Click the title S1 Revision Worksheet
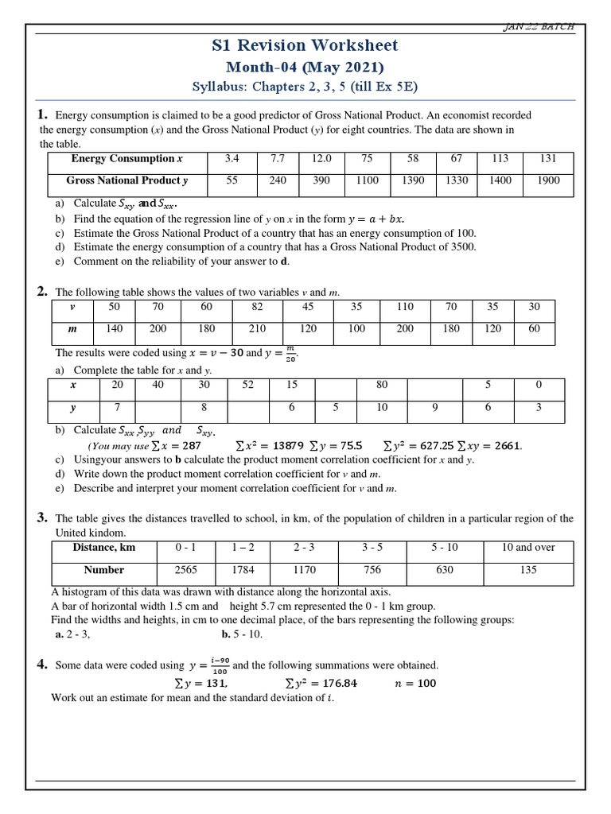[x=305, y=45]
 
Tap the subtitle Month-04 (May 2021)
[x=305, y=68]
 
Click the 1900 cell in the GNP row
[x=548, y=181]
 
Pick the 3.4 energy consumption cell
[x=232, y=159]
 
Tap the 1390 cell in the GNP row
[x=413, y=181]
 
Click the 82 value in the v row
[x=255, y=307]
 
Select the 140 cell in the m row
[x=115, y=328]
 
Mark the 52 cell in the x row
[x=248, y=385]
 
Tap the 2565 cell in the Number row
[x=185, y=570]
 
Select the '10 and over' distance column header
[x=528, y=548]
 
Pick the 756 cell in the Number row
[x=372, y=570]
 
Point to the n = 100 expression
[x=415, y=683]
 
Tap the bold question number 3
[x=42, y=518]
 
